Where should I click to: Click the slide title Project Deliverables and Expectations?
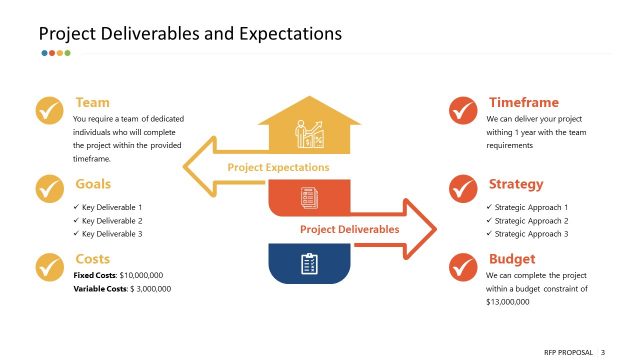(x=190, y=33)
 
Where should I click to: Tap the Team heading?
(x=92, y=102)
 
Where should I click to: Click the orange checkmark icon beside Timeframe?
(x=462, y=110)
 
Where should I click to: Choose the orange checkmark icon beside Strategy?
(x=462, y=188)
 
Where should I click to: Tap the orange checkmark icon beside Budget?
(x=462, y=266)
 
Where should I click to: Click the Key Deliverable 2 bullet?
(x=112, y=220)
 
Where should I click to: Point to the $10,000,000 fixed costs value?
(x=141, y=274)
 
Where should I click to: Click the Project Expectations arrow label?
(x=278, y=167)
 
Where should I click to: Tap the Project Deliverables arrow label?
(x=349, y=229)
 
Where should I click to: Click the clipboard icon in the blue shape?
(x=309, y=264)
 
